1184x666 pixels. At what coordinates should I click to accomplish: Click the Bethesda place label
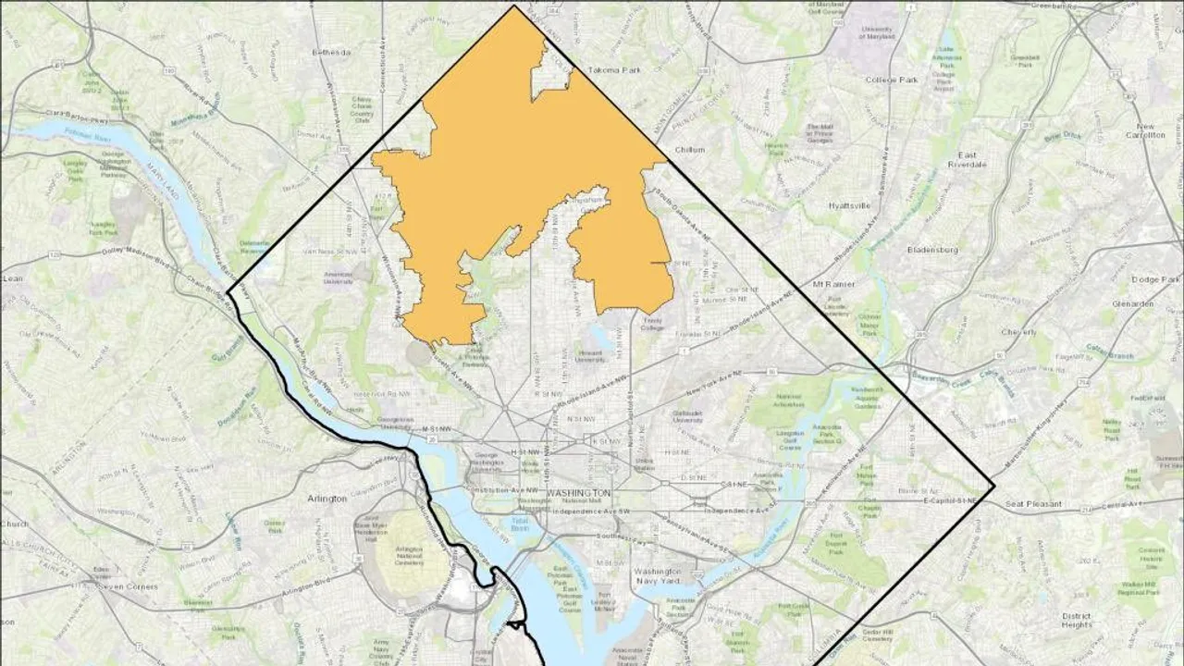(x=331, y=53)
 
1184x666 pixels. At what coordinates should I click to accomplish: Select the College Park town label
(x=892, y=80)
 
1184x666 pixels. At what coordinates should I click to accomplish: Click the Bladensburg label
(x=931, y=250)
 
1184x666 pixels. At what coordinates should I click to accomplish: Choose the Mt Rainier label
(x=830, y=284)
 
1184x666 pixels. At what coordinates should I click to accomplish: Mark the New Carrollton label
(x=1151, y=130)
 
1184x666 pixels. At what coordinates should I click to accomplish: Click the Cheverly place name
(x=1017, y=331)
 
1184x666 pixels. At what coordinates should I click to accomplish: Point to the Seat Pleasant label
(x=1034, y=505)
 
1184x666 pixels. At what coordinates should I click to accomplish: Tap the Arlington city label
(x=327, y=499)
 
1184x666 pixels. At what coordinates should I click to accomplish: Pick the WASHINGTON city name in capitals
(x=578, y=493)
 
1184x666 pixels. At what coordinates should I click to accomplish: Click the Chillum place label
(x=690, y=149)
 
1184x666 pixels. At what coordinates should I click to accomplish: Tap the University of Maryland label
(x=876, y=34)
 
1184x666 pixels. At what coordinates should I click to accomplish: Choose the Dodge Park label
(x=1157, y=278)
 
